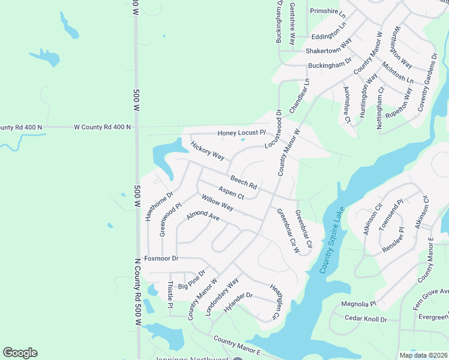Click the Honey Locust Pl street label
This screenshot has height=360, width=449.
coord(241,132)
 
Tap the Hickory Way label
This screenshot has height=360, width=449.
coord(207,151)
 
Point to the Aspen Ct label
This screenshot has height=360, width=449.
coord(231,193)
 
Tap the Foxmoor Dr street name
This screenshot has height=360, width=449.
coord(157,259)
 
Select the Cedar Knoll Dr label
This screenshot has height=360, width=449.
coord(366,320)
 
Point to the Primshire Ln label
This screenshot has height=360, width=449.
coord(328,11)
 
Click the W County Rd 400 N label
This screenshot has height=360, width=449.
coord(102,127)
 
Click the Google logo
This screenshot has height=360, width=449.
coord(20,353)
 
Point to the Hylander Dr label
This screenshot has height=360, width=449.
coord(238,303)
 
